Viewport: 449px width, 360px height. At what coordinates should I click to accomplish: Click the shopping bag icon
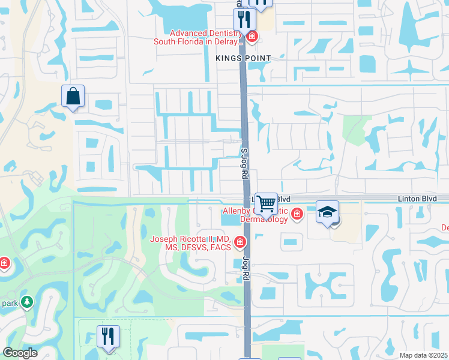[73, 96]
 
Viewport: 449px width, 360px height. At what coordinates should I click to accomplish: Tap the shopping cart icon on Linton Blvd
[266, 203]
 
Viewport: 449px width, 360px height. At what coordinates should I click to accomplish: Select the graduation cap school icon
[327, 212]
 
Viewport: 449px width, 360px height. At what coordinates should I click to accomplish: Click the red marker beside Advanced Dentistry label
[252, 37]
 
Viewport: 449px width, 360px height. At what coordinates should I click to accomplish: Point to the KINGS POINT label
[244, 58]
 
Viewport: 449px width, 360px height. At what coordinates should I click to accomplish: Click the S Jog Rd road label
[244, 164]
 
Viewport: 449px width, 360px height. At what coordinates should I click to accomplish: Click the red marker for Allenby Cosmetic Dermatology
[297, 214]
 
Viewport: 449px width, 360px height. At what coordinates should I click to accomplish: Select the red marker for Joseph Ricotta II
[240, 242]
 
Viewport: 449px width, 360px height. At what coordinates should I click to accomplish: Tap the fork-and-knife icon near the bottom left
[108, 337]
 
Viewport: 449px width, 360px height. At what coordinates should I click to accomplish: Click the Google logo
[20, 353]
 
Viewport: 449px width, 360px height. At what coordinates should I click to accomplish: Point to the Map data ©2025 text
[423, 355]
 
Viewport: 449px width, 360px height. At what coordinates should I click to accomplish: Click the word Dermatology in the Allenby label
[264, 219]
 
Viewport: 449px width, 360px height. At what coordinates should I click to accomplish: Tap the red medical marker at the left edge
[4, 263]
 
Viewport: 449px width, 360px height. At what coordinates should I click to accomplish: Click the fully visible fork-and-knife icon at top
[244, 19]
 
